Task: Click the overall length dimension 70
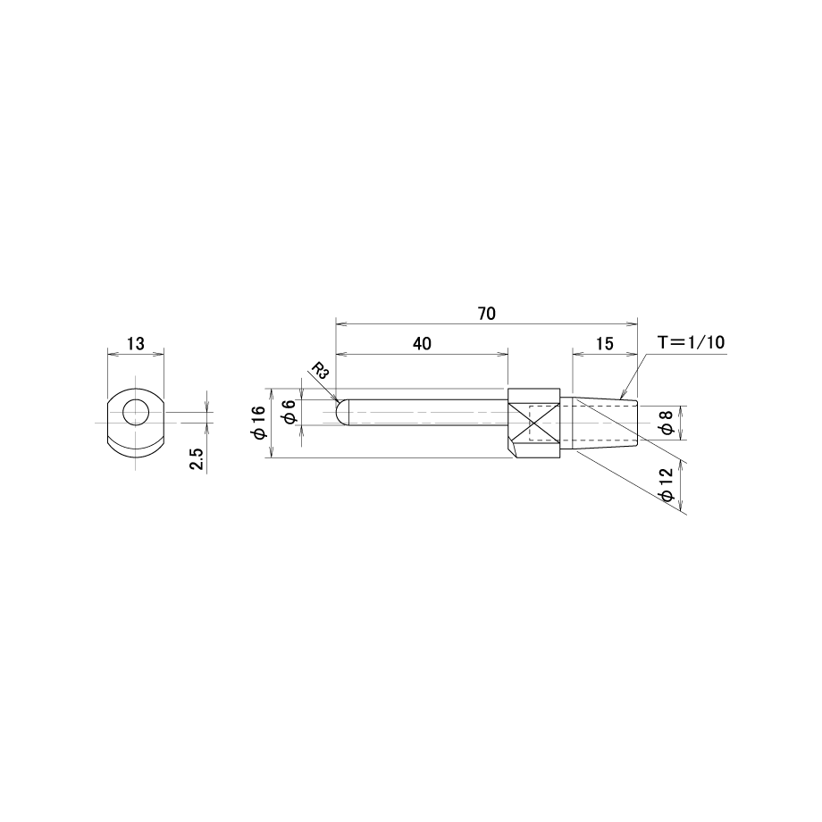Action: (x=486, y=314)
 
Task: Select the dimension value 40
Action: (x=422, y=343)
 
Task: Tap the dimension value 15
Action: (x=605, y=343)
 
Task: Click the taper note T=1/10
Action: (x=692, y=342)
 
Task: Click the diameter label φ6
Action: (x=289, y=411)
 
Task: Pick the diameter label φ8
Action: (x=667, y=423)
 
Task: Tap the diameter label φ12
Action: (x=667, y=485)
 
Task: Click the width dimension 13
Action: (x=135, y=344)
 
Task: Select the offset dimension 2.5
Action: (x=197, y=458)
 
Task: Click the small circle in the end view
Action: (x=136, y=413)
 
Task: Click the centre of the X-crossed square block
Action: (x=533, y=422)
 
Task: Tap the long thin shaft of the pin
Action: (x=428, y=413)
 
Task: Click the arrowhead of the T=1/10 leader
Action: (x=623, y=394)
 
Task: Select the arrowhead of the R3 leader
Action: (x=336, y=398)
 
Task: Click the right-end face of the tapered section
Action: (x=637, y=423)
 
